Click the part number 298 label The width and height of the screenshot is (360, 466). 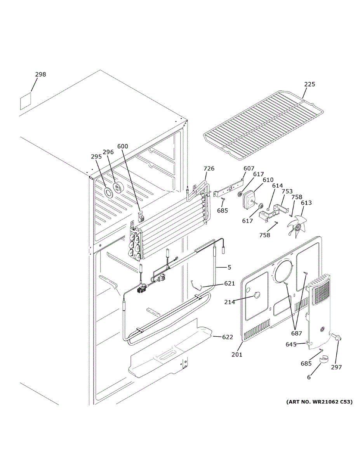[x=40, y=75]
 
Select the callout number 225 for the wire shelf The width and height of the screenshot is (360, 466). [x=310, y=84]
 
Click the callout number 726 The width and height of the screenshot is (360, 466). [x=209, y=169]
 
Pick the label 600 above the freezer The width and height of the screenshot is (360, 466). [x=123, y=146]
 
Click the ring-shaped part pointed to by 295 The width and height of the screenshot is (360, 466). [x=108, y=192]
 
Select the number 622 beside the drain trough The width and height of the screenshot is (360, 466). [x=227, y=337]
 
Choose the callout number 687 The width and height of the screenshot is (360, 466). [x=297, y=333]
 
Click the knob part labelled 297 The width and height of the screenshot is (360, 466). [x=336, y=337]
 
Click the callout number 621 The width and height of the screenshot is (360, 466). [x=230, y=283]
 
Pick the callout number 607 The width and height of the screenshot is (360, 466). [x=249, y=169]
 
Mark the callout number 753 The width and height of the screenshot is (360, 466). [x=287, y=191]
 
